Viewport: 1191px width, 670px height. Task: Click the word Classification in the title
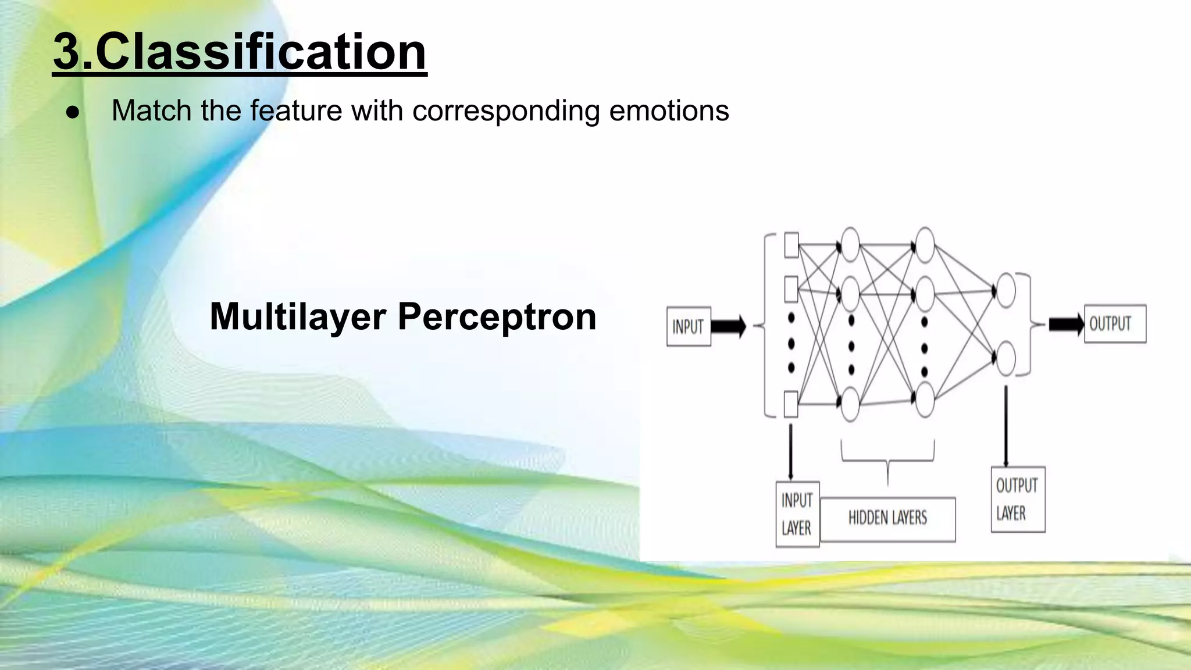click(261, 52)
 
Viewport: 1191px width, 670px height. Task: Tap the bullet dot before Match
click(73, 112)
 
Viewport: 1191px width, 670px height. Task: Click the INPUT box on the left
click(688, 327)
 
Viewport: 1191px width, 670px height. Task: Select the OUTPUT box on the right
click(1114, 323)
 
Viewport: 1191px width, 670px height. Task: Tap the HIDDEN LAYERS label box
click(887, 518)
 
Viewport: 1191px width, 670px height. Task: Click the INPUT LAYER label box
click(797, 514)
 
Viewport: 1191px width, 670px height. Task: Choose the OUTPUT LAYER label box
click(1018, 499)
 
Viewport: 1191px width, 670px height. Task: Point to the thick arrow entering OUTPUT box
click(1065, 324)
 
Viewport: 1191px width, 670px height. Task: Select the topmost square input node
click(791, 245)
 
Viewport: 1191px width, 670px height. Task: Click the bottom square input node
click(791, 404)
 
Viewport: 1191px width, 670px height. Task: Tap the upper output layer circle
click(1005, 290)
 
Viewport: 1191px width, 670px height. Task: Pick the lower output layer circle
click(1005, 359)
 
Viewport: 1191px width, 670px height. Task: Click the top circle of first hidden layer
click(850, 244)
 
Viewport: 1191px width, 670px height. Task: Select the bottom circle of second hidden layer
click(925, 400)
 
